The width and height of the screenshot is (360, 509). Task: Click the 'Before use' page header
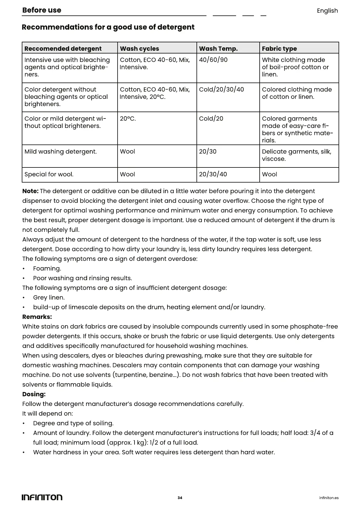click(x=42, y=10)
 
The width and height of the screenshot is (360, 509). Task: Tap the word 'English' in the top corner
click(x=327, y=11)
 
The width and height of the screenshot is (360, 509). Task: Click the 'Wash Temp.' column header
click(x=218, y=49)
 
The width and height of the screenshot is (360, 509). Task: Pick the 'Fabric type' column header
click(x=279, y=49)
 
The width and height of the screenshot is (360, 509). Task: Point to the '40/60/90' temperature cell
click(x=213, y=60)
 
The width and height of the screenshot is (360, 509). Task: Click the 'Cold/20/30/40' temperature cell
click(x=221, y=89)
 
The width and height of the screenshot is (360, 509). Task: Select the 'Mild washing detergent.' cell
click(x=60, y=152)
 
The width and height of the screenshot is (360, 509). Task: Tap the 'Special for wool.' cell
click(x=49, y=174)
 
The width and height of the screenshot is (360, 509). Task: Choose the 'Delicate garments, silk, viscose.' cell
click(x=297, y=155)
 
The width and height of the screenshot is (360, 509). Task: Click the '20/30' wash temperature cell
click(x=208, y=152)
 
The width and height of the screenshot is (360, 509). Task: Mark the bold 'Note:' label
click(x=30, y=191)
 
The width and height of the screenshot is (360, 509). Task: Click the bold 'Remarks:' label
click(x=37, y=317)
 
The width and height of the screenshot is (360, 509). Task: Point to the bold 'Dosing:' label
click(x=34, y=394)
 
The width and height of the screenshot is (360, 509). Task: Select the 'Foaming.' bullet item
click(x=47, y=269)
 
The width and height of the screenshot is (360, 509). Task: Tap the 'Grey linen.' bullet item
click(x=49, y=298)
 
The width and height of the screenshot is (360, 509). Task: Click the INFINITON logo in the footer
click(x=42, y=498)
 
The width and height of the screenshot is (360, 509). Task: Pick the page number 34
click(x=180, y=498)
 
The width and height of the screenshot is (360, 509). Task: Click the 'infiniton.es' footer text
click(x=329, y=498)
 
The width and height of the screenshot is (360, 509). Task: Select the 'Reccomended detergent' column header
click(x=63, y=49)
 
